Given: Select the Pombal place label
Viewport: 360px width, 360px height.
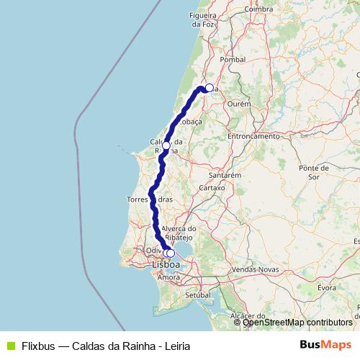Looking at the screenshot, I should (x=233, y=60).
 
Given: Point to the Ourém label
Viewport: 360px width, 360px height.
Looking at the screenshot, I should (x=238, y=104).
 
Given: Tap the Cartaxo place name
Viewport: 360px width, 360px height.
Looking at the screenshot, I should (x=212, y=187).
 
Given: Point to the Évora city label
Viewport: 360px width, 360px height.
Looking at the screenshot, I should (x=327, y=287).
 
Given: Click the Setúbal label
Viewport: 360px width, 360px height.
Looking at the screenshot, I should (x=197, y=295).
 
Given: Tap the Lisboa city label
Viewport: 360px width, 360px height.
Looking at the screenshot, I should (x=166, y=265).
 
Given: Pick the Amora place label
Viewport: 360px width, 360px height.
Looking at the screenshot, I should (x=168, y=277).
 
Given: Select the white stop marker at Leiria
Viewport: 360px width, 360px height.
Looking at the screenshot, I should (x=209, y=88).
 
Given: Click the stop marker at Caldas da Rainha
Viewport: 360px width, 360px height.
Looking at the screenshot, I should (x=166, y=145).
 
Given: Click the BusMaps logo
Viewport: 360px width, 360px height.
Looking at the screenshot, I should (x=325, y=344).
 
